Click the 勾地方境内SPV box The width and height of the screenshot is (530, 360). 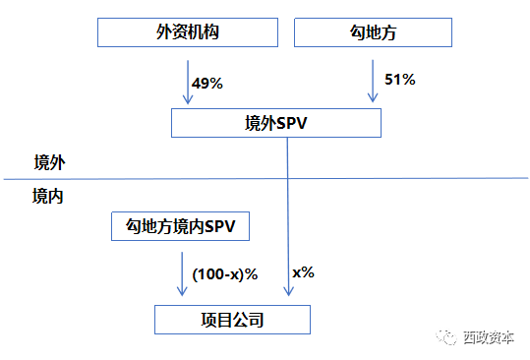pyautogui.click(x=181, y=228)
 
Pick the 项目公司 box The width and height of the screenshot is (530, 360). pyautogui.click(x=232, y=320)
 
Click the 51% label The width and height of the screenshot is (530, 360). pyautogui.click(x=399, y=79)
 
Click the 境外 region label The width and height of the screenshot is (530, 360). pyautogui.click(x=49, y=161)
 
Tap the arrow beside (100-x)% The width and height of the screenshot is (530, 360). pyautogui.click(x=181, y=273)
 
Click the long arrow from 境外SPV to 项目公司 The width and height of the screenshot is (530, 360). pyautogui.click(x=288, y=216)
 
